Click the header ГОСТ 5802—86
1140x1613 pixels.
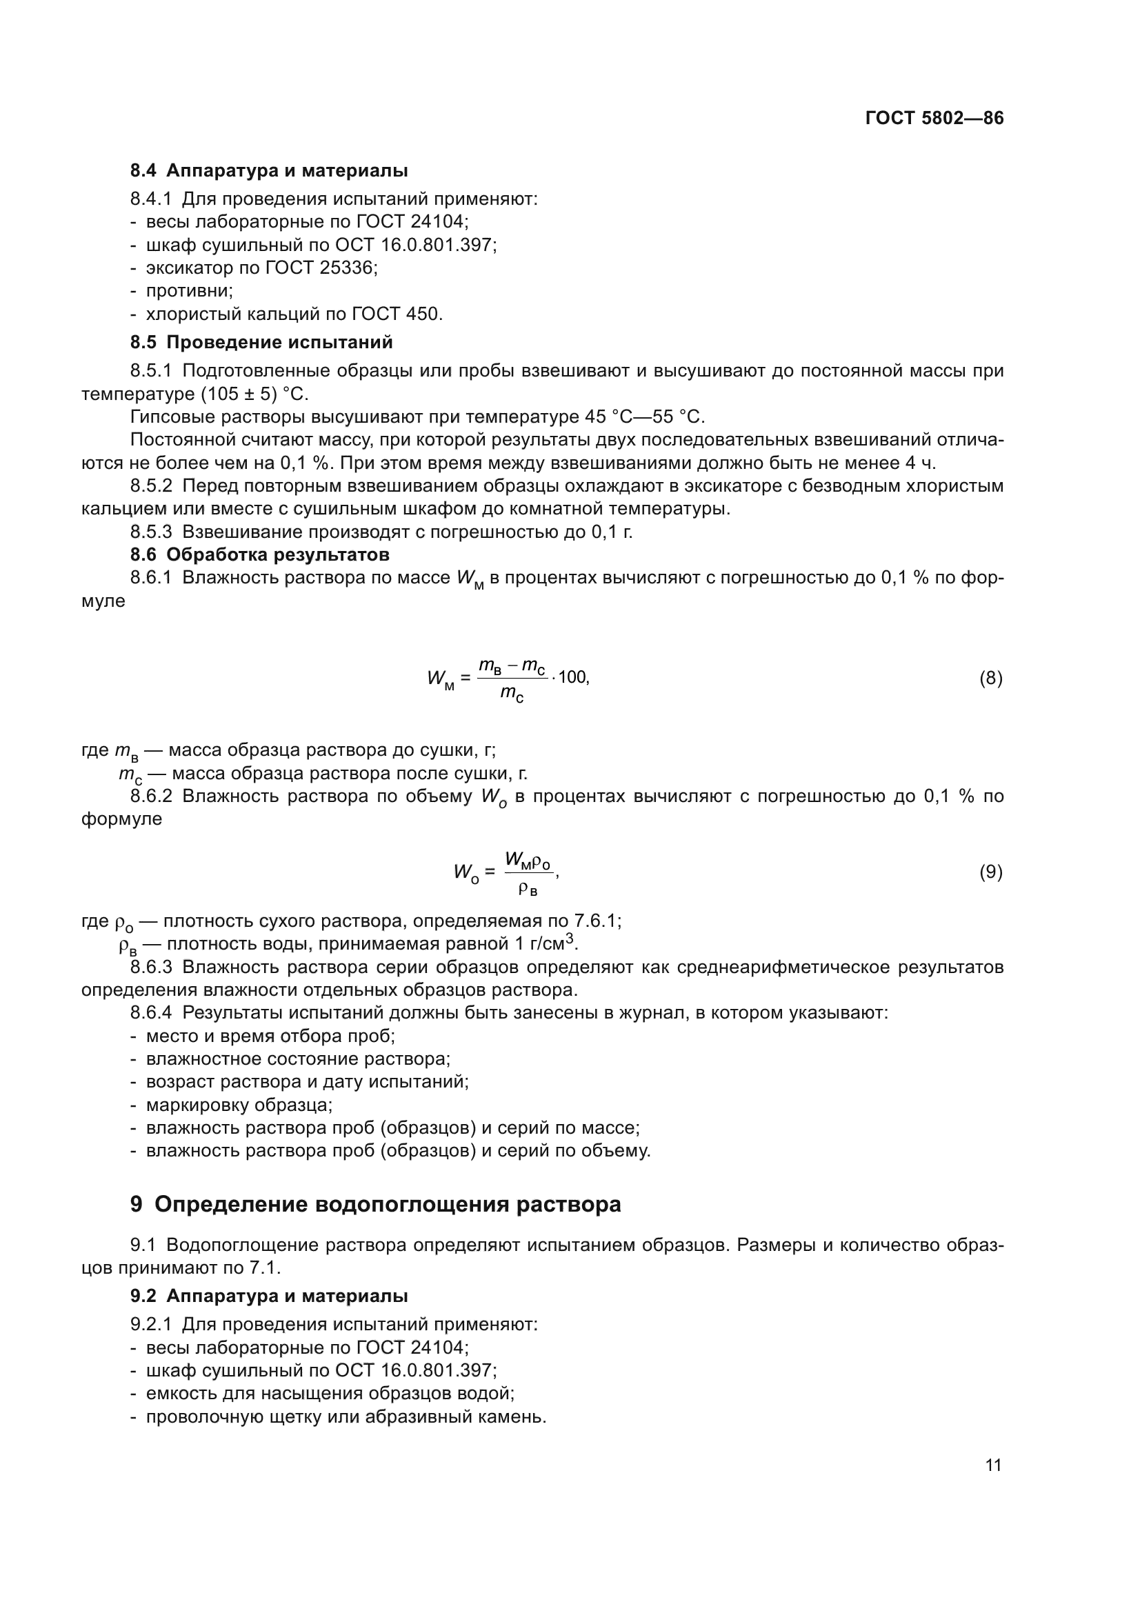click(934, 118)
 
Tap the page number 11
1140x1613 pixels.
click(992, 1465)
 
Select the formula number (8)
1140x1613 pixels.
click(990, 678)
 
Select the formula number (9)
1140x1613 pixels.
click(990, 872)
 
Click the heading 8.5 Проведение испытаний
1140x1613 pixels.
click(261, 342)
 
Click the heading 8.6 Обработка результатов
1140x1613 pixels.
click(259, 554)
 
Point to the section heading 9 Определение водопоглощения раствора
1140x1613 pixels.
click(375, 1204)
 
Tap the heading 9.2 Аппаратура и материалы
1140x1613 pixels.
click(268, 1296)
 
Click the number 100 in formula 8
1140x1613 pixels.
click(573, 678)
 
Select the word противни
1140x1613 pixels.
click(188, 291)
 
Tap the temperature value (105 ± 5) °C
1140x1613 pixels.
click(254, 393)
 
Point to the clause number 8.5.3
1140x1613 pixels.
click(150, 532)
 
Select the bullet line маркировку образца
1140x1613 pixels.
click(239, 1104)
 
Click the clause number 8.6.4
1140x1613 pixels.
click(150, 1012)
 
